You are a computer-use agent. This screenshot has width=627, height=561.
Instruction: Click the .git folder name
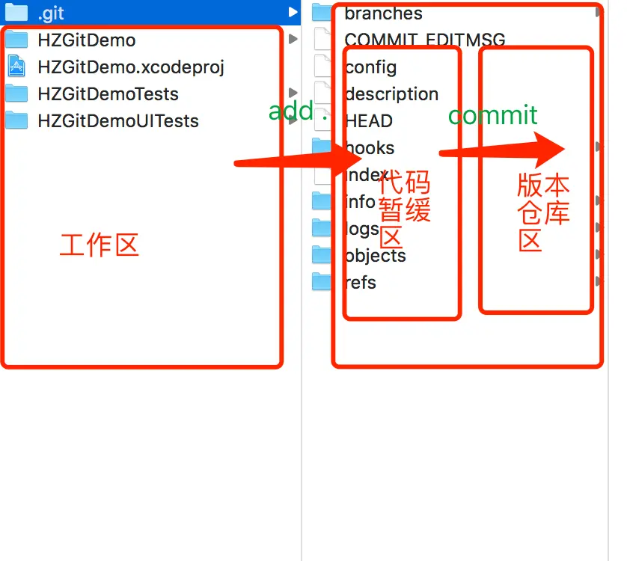(51, 13)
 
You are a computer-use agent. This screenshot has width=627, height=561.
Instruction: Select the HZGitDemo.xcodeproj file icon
(16, 67)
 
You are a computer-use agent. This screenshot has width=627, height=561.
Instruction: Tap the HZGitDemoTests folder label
(108, 94)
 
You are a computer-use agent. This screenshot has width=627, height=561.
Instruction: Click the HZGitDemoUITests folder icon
(16, 120)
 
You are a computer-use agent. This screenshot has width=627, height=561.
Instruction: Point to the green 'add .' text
(298, 111)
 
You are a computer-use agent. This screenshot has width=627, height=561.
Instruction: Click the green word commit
(492, 115)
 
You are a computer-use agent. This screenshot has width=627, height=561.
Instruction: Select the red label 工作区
(100, 245)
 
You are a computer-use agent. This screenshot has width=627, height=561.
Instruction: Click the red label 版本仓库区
(543, 212)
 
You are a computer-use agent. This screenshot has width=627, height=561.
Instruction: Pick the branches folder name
(383, 13)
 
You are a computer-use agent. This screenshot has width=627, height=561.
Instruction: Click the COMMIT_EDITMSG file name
(425, 40)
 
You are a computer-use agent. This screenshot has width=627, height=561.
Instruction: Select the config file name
(371, 67)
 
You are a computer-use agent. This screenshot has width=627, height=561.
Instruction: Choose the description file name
(391, 94)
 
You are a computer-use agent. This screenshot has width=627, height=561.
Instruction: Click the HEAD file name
(369, 121)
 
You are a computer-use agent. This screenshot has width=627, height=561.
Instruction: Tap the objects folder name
(376, 256)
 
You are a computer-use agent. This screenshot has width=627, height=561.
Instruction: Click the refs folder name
(361, 283)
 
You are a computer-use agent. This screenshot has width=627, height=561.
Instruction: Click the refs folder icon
(322, 282)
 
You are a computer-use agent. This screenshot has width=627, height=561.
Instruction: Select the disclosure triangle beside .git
(292, 13)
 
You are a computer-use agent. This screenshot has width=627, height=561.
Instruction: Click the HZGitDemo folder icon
(16, 40)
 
